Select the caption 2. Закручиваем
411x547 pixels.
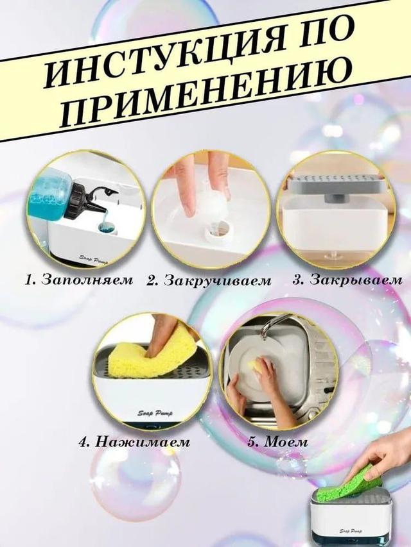tap(209, 280)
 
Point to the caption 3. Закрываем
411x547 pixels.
tap(347, 280)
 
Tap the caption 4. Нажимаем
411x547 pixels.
tap(134, 442)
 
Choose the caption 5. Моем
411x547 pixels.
tap(277, 442)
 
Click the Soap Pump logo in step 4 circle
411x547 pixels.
tap(155, 414)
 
